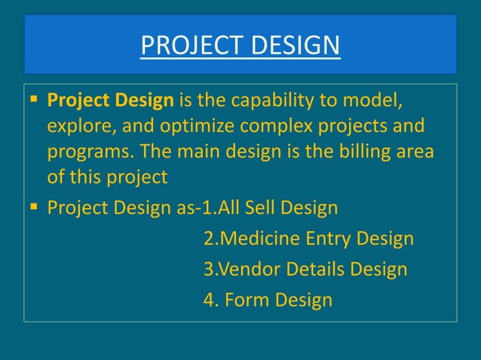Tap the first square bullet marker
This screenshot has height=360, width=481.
pyautogui.click(x=35, y=100)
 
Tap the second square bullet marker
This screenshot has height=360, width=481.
pyautogui.click(x=35, y=206)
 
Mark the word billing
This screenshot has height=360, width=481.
pyautogui.click(x=360, y=151)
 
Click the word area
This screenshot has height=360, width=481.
pyautogui.click(x=415, y=151)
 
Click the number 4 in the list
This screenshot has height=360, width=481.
pyautogui.click(x=209, y=301)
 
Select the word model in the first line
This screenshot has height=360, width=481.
pyautogui.click(x=375, y=100)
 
